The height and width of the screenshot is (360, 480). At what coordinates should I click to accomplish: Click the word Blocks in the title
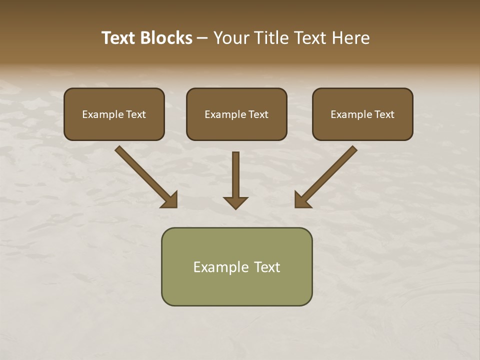click(x=166, y=38)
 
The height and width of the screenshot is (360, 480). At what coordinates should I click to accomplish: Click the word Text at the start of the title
click(x=118, y=38)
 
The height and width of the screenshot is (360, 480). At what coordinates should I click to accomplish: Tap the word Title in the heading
click(x=272, y=38)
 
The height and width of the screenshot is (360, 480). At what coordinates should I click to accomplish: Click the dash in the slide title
click(x=202, y=38)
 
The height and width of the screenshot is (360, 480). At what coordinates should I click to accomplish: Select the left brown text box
click(x=114, y=114)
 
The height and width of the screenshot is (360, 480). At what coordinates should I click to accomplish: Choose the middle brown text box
click(x=236, y=114)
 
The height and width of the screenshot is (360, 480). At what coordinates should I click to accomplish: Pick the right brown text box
click(x=362, y=114)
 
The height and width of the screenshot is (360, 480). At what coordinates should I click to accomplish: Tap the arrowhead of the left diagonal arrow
click(x=170, y=200)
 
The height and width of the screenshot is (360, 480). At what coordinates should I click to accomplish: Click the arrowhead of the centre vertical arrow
click(x=235, y=202)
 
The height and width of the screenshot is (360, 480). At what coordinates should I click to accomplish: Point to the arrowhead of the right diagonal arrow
click(x=302, y=200)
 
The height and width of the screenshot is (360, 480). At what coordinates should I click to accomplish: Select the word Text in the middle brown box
click(x=258, y=114)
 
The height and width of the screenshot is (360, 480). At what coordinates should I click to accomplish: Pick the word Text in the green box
click(x=268, y=267)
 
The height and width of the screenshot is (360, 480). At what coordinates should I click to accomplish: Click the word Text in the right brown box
click(x=384, y=114)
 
